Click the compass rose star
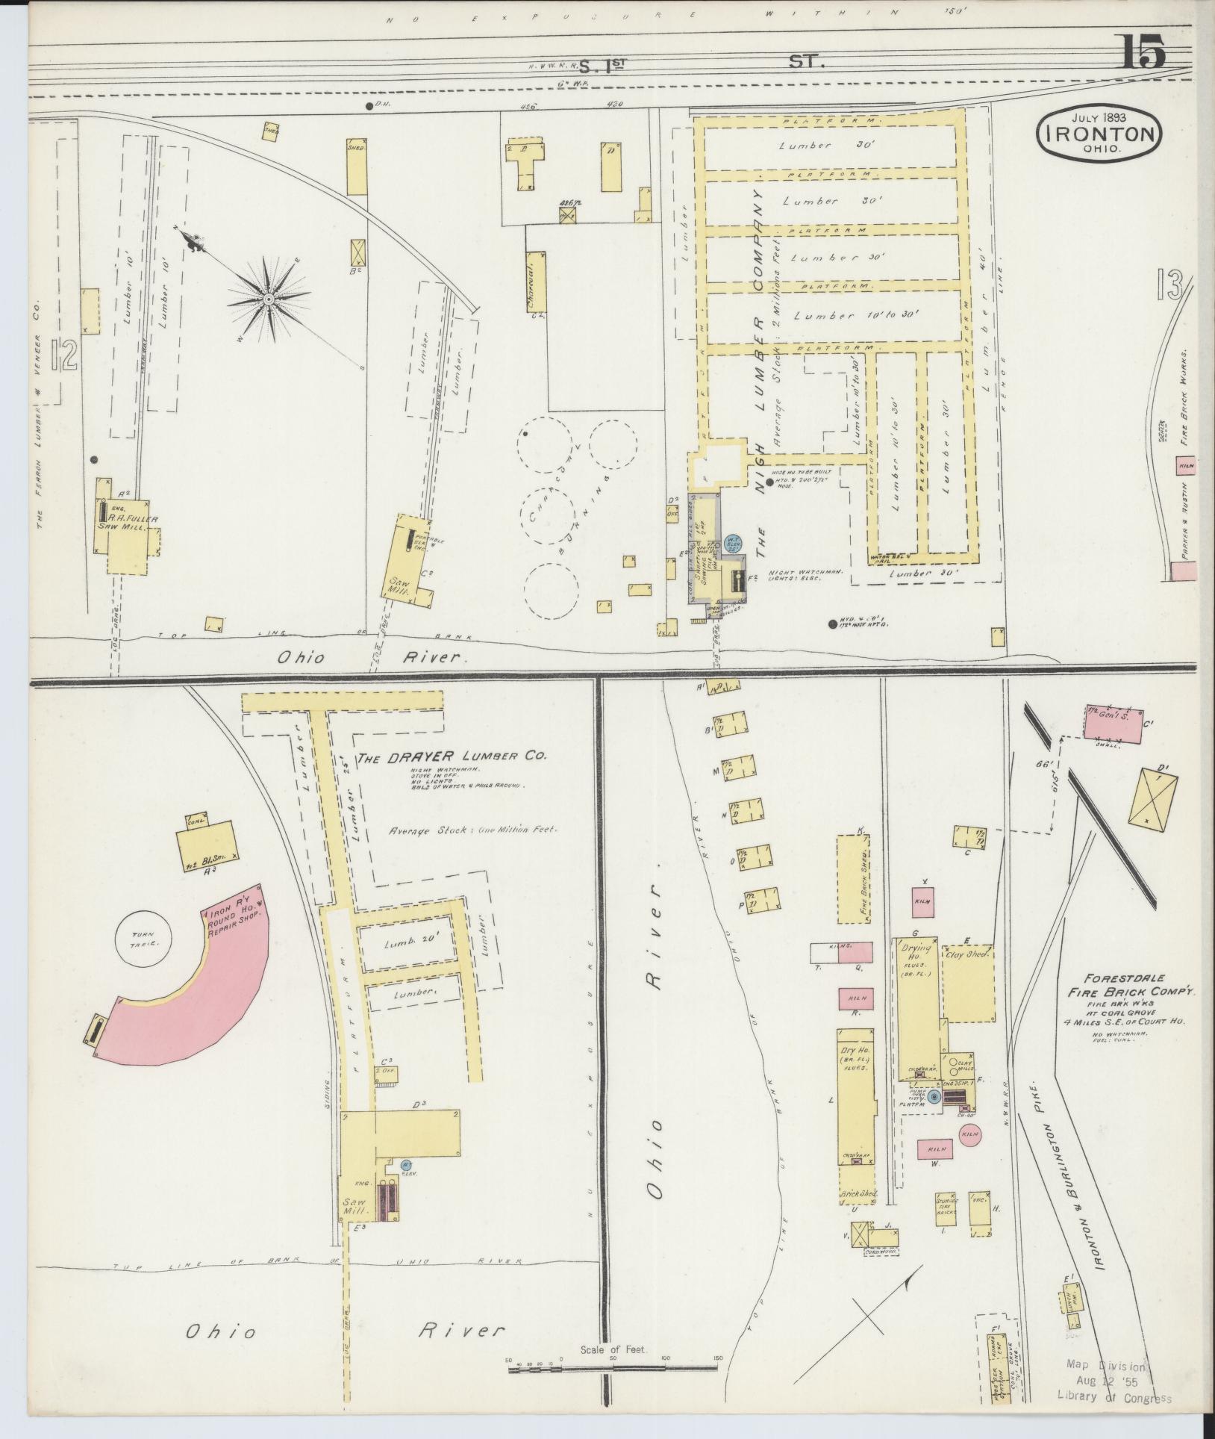[x=266, y=299]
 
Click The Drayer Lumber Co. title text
[x=451, y=757]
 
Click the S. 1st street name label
[x=601, y=64]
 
